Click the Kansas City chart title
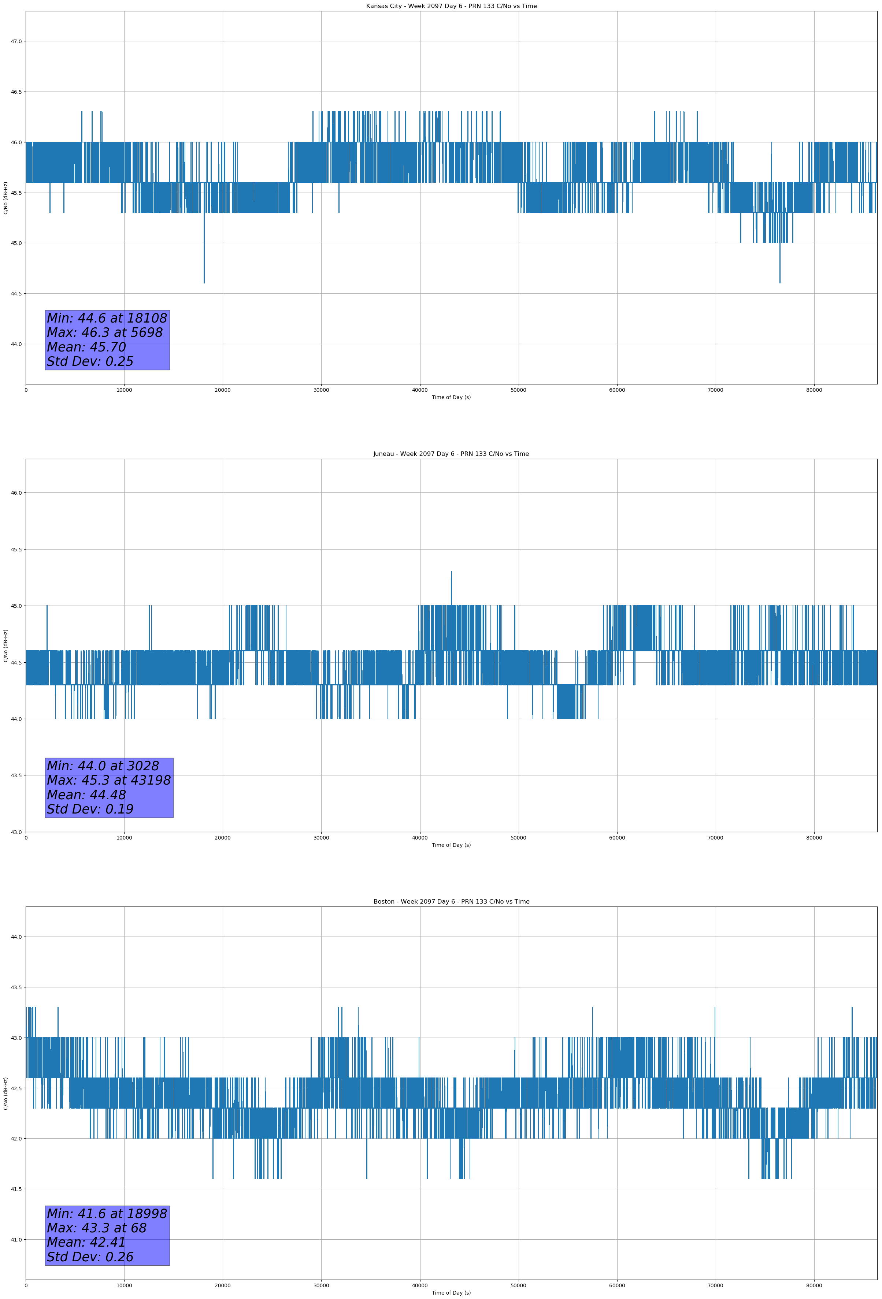coord(451,6)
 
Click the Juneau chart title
coord(451,454)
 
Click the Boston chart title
coord(451,902)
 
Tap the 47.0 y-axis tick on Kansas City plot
coord(16,41)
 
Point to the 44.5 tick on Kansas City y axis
coord(16,294)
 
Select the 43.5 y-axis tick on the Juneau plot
coord(16,775)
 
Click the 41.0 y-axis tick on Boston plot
coord(16,1240)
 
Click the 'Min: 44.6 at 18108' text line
coord(107,318)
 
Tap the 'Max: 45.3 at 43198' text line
coord(108,780)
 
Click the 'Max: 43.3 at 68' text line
coord(96,1228)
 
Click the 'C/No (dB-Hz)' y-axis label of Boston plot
coord(5,1093)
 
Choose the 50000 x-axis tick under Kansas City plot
coord(518,390)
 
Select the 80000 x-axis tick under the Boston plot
coord(814,1285)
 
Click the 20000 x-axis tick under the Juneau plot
coord(223,838)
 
